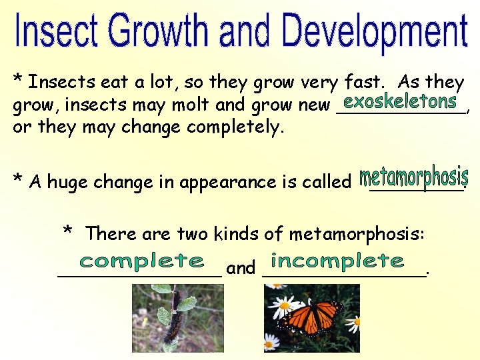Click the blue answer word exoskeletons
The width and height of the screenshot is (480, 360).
tap(399, 102)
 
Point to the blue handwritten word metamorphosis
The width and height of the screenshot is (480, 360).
tap(413, 178)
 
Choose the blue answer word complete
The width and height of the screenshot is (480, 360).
tap(141, 261)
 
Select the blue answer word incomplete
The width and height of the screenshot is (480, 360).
tap(337, 260)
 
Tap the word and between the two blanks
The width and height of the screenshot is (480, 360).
tap(241, 268)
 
